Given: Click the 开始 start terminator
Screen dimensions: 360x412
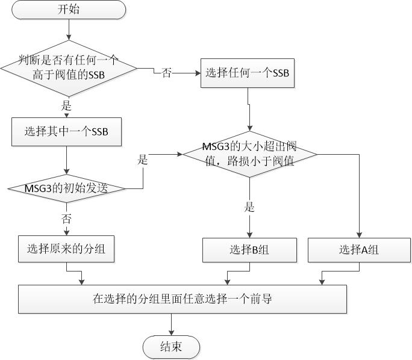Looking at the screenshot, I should point(69,10).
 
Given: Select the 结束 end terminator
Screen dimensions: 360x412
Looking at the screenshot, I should point(171,347).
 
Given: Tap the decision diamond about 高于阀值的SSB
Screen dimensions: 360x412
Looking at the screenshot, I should point(69,68).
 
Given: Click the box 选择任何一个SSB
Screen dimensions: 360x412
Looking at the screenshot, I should point(248,73).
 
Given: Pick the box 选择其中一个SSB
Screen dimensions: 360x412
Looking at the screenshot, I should point(66,131).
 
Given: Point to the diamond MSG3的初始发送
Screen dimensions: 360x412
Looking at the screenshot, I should point(66,188).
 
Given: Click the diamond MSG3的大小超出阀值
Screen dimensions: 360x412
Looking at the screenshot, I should point(249,155).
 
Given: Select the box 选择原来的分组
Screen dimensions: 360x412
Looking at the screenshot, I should point(66,248).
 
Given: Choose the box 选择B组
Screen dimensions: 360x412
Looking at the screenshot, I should point(249,250).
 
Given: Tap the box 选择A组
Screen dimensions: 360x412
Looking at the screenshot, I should point(359,250).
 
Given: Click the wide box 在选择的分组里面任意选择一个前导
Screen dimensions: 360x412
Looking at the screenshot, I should point(183,298).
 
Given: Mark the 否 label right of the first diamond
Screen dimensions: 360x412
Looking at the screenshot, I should point(167,73).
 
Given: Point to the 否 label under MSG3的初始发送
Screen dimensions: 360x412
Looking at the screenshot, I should point(66,218).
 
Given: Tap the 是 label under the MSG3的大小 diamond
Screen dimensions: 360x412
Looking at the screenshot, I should point(249,208).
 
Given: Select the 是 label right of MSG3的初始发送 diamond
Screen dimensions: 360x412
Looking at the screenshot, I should point(143,160).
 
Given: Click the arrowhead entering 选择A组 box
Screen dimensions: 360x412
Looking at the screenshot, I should point(359,235).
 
